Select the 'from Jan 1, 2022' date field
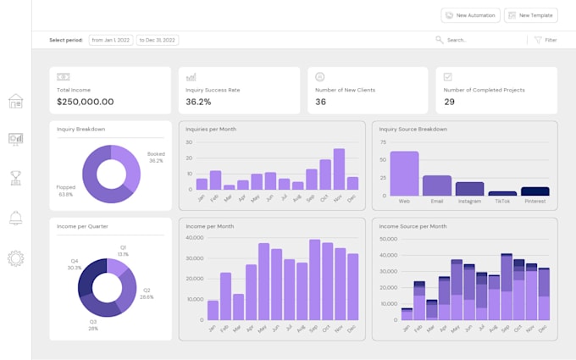[x=110, y=40]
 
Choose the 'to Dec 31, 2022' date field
[x=157, y=40]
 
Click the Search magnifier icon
[x=439, y=40]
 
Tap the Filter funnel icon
[x=538, y=40]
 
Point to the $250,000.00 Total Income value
[x=86, y=102]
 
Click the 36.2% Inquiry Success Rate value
[x=198, y=102]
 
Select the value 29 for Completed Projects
[x=450, y=102]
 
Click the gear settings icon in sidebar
[x=15, y=258]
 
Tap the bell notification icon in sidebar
[x=15, y=219]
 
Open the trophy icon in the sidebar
[x=15, y=178]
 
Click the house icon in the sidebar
[x=15, y=102]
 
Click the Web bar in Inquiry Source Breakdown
[x=404, y=174]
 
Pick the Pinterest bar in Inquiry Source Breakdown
[x=534, y=191]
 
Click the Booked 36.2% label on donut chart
[x=156, y=157]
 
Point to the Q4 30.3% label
[x=74, y=264]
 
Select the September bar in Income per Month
[x=315, y=280]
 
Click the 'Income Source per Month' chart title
[x=413, y=226]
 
